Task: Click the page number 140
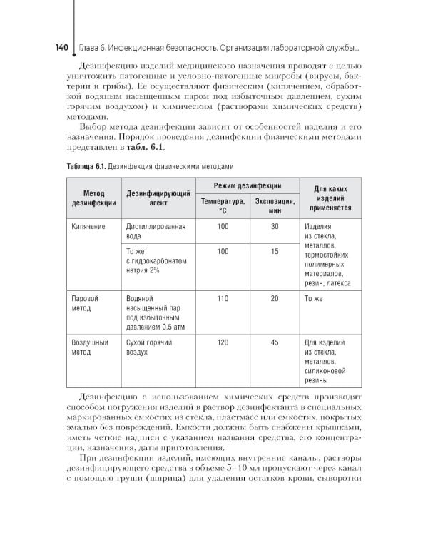pos(57,48)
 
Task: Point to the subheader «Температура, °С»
pos(223,206)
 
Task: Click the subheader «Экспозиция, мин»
pos(272,206)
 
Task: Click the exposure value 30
pos(275,226)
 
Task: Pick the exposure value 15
pos(275,251)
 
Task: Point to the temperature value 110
pos(223,298)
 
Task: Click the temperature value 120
pos(223,342)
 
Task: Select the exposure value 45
pos(275,342)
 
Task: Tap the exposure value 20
pos(275,298)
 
